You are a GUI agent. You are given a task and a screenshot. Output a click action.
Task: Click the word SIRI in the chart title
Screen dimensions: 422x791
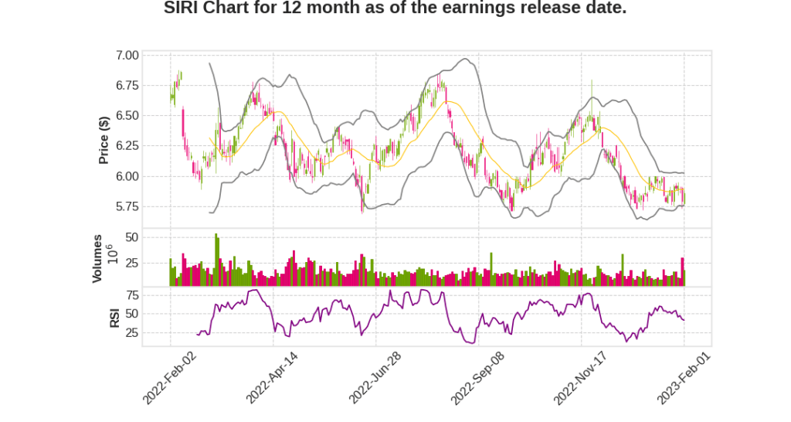[x=183, y=9]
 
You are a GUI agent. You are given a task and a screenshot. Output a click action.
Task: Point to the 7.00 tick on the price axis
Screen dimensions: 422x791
[x=127, y=56]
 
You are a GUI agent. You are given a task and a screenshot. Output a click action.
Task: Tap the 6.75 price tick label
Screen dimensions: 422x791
[x=127, y=86]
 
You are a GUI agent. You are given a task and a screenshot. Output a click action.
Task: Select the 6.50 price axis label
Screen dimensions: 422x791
[x=127, y=116]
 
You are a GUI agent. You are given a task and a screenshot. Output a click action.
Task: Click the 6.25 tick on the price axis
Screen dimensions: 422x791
[x=127, y=146]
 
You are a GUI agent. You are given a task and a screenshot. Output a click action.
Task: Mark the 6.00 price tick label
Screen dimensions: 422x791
[x=127, y=176]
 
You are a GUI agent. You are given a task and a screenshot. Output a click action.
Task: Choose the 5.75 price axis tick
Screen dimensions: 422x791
[x=127, y=206]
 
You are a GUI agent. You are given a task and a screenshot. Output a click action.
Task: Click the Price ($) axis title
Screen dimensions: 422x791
[x=104, y=140]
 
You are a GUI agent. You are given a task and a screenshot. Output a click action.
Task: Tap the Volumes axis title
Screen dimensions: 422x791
[x=97, y=258]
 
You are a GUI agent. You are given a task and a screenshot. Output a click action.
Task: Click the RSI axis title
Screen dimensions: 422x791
[x=114, y=317]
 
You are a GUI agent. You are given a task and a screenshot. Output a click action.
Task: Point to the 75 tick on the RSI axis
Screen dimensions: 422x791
[x=132, y=295]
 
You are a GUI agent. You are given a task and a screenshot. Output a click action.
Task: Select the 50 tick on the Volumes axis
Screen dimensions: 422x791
[x=132, y=237]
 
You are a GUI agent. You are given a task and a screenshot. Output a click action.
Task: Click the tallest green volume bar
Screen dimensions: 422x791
[x=216, y=260]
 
